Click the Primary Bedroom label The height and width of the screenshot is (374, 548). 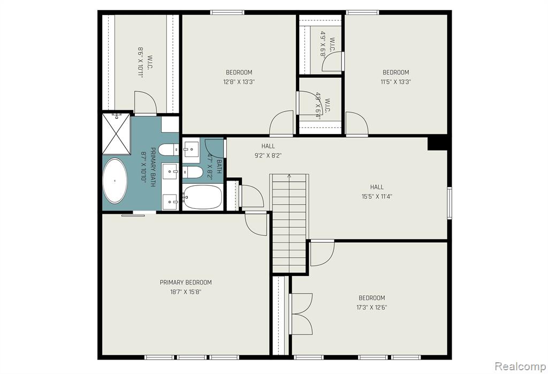click(186, 282)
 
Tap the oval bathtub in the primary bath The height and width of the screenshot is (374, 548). click(115, 181)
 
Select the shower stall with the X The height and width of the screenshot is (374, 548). click(116, 133)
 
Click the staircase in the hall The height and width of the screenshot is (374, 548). click(290, 223)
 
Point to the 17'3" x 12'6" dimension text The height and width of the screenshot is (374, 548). click(371, 308)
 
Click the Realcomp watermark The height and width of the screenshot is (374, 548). click(520, 366)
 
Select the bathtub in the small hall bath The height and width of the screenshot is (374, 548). click(202, 197)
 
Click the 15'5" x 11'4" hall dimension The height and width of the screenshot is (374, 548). click(377, 197)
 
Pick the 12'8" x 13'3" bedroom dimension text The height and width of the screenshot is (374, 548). click(239, 82)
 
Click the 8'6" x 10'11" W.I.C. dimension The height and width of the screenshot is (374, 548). click(141, 62)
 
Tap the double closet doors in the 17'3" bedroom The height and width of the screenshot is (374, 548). click(301, 314)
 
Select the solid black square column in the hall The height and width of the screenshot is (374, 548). click(438, 144)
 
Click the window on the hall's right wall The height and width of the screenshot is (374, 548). click(450, 203)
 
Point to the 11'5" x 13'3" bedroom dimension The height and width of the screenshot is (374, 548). click(395, 82)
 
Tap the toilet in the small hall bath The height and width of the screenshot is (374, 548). click(193, 172)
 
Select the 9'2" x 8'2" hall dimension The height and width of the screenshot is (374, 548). click(268, 156)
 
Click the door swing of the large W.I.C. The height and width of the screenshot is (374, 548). click(146, 102)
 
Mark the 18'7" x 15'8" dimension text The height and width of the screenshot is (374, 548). click(186, 292)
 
